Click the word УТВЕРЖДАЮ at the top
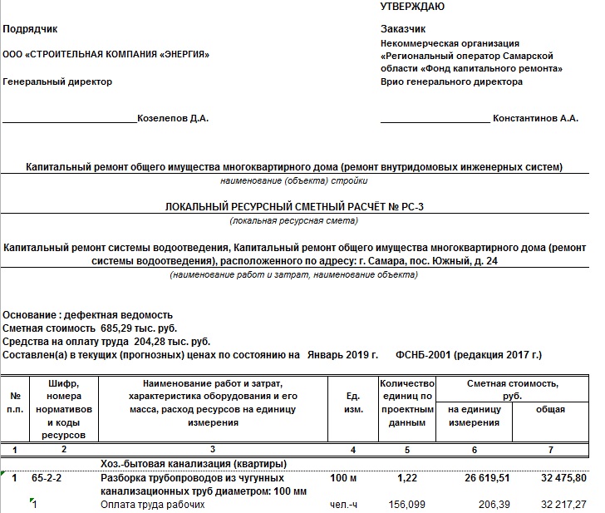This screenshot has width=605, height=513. (x=412, y=7)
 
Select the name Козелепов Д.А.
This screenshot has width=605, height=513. (x=173, y=119)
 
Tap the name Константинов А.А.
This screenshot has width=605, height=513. (x=535, y=119)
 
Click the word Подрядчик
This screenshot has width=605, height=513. (x=31, y=29)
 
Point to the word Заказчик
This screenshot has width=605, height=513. (x=403, y=29)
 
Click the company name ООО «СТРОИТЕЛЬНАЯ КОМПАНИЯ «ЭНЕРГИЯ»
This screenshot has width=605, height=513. (x=106, y=55)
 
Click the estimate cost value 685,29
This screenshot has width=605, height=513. (x=116, y=328)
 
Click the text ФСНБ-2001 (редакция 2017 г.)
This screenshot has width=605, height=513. (x=470, y=355)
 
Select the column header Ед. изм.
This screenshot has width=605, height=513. (x=352, y=403)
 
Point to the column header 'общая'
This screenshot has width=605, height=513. (x=550, y=409)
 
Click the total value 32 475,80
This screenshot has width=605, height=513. (x=561, y=479)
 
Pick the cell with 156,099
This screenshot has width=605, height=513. (x=406, y=504)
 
